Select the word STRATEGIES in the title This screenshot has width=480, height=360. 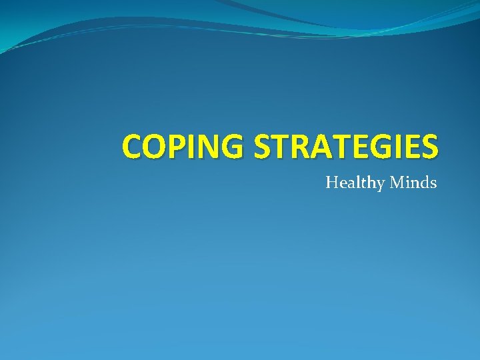point(345,147)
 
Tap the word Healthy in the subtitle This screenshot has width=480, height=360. point(352,182)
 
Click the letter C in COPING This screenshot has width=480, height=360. point(133,147)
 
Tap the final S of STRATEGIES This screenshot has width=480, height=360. point(429,147)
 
